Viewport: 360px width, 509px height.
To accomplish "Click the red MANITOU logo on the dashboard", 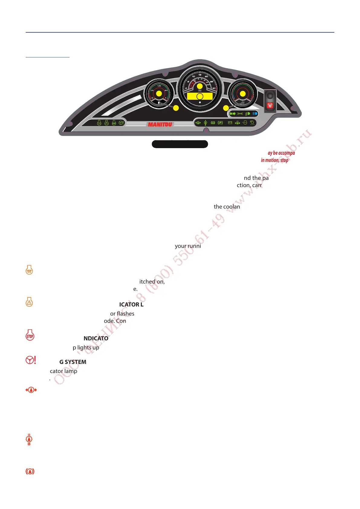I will [160, 124].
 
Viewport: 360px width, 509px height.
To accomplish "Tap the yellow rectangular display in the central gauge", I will [200, 96].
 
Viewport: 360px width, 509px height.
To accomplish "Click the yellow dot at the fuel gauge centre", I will [159, 94].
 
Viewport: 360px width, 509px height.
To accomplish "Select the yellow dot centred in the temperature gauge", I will [242, 94].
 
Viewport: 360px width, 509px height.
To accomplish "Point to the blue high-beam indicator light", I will [255, 114].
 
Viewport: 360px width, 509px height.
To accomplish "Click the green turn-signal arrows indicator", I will [232, 114].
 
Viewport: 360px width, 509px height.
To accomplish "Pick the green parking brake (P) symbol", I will [220, 123].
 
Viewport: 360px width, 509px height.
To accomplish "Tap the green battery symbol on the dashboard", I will [230, 123].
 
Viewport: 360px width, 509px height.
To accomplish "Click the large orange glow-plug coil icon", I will [29, 270].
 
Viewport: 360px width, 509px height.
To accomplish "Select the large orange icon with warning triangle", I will [29, 302].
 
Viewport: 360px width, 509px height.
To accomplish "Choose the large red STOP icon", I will [30, 335].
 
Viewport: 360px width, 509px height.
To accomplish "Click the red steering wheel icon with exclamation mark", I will [31, 360].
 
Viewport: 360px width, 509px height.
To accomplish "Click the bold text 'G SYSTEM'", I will [73, 362].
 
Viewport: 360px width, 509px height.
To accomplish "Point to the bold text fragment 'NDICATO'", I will [96, 338].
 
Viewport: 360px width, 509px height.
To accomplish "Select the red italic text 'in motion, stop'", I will [274, 160].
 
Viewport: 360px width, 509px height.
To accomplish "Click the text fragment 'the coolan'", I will [227, 207].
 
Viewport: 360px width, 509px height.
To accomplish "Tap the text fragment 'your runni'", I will [188, 246].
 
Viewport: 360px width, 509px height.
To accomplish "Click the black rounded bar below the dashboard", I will [180, 144].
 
